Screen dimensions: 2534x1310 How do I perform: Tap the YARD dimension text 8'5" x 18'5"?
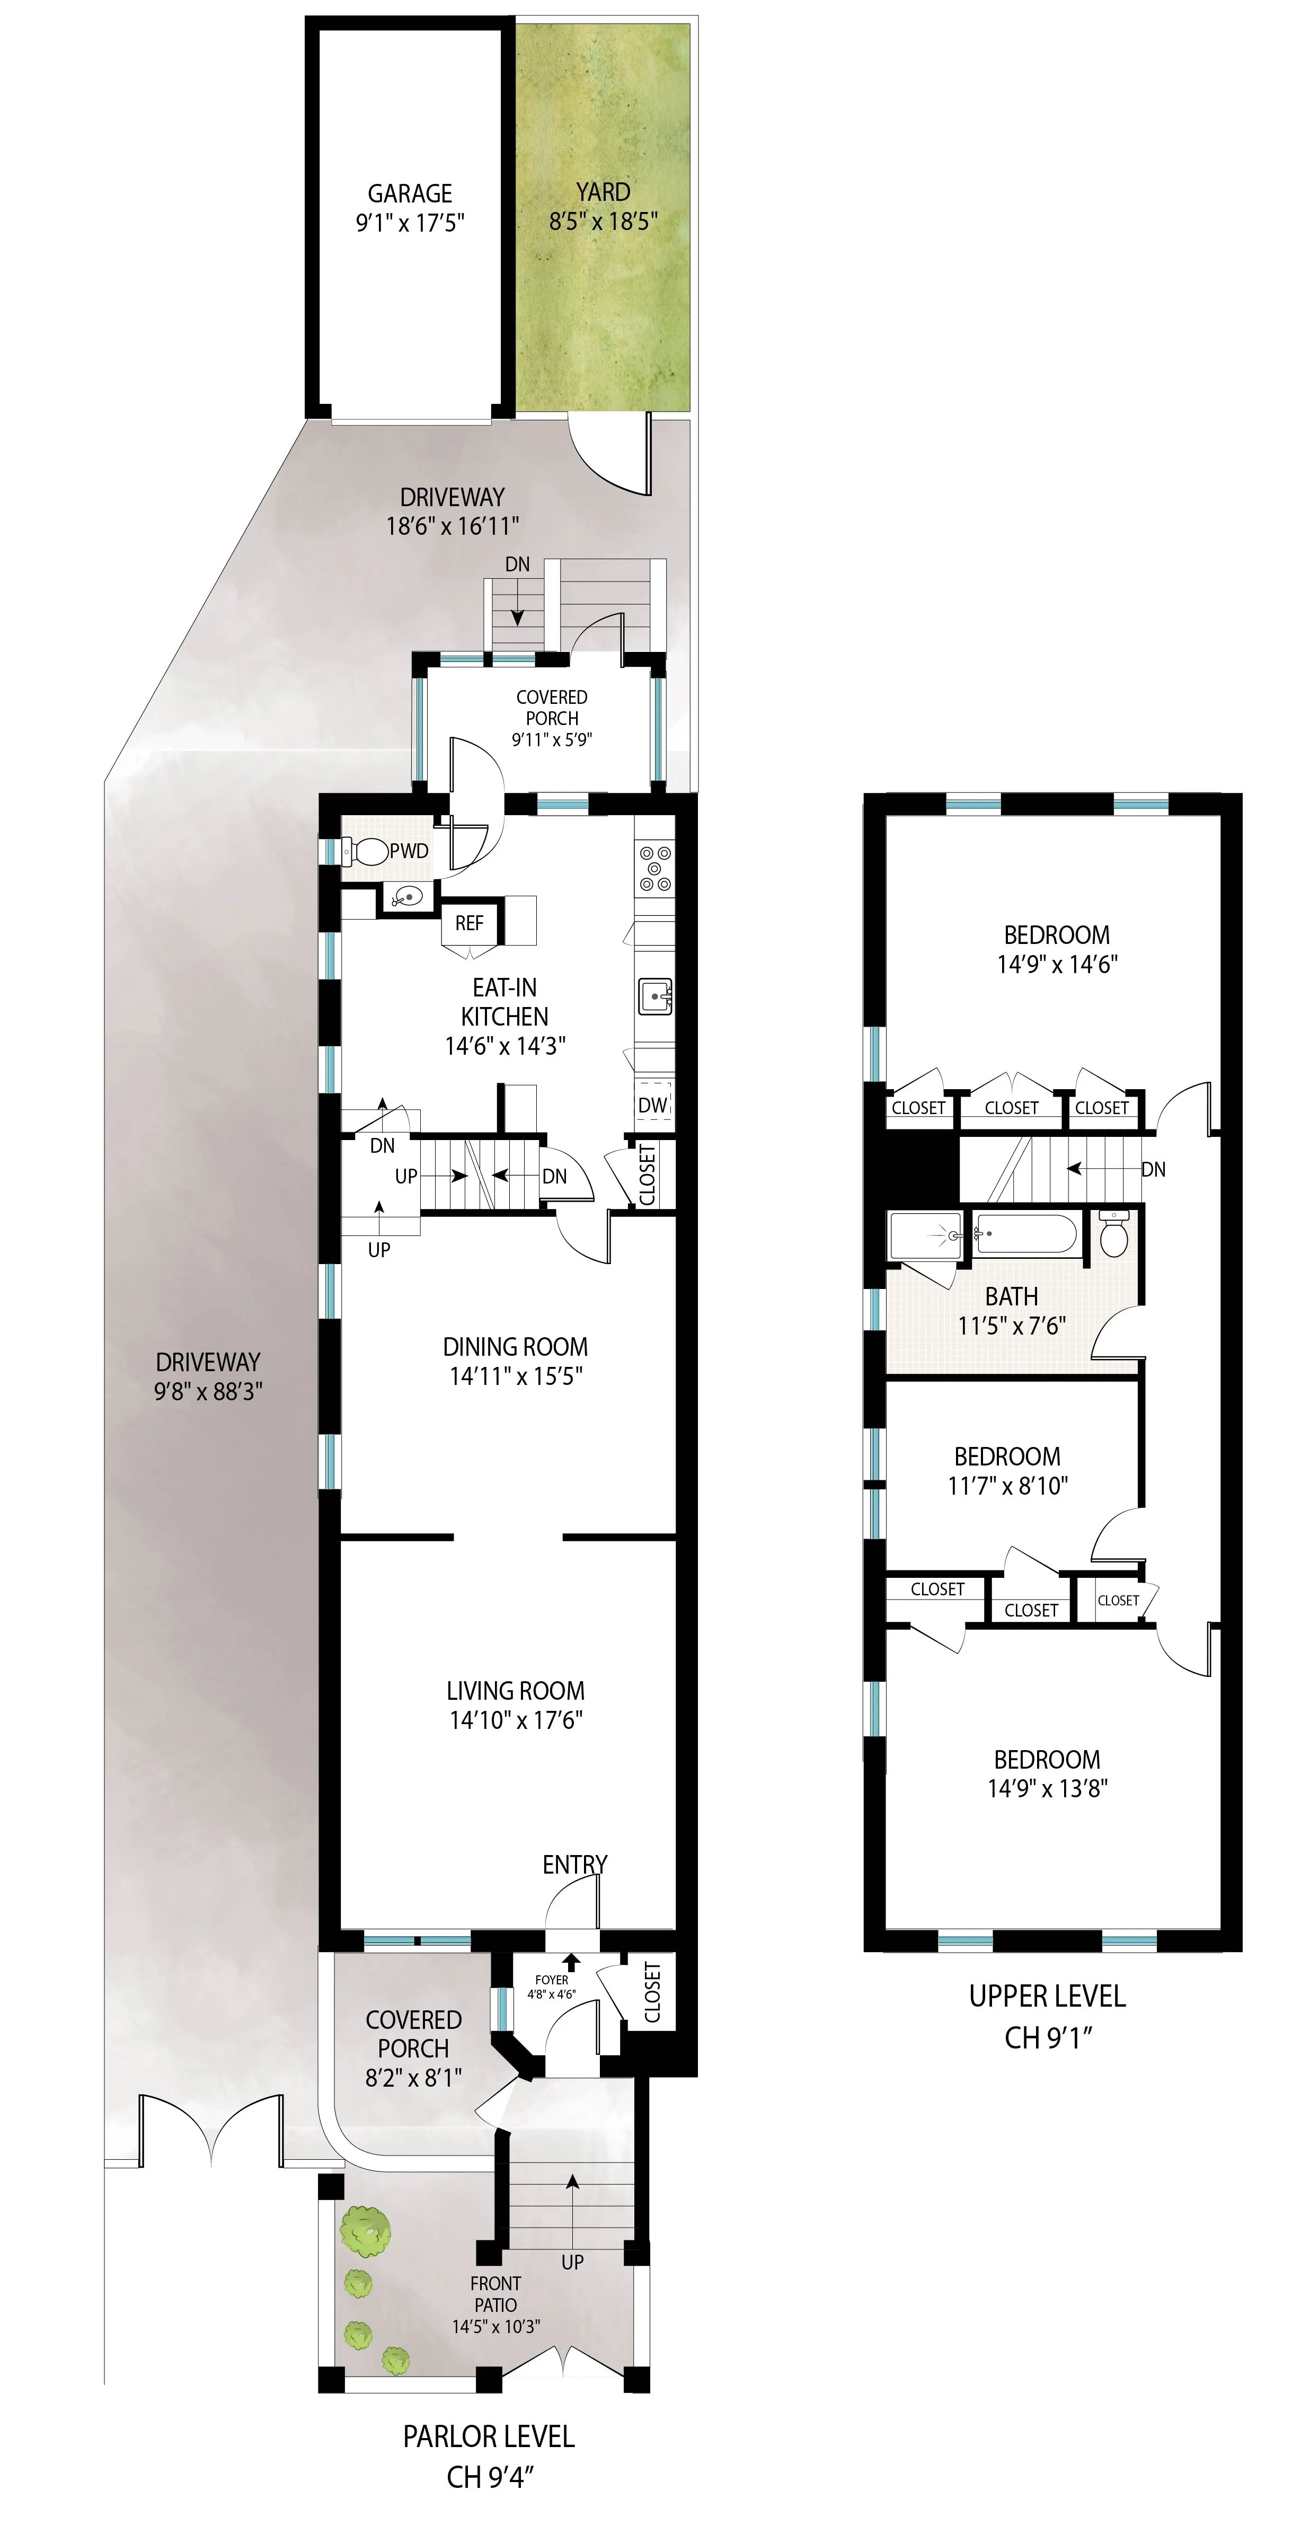603,222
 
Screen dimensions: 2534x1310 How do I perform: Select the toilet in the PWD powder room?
365,851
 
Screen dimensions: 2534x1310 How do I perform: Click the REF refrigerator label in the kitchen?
469,923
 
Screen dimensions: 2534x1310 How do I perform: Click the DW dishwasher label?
652,1105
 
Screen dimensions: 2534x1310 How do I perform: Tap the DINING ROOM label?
515,1347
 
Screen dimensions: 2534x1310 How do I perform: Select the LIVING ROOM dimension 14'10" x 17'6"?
515,1719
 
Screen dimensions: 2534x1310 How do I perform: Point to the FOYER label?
552,1979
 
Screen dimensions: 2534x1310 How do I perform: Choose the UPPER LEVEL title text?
1047,1996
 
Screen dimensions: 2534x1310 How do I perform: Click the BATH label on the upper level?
1011,1296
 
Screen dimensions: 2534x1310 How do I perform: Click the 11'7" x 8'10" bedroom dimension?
1007,1486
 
